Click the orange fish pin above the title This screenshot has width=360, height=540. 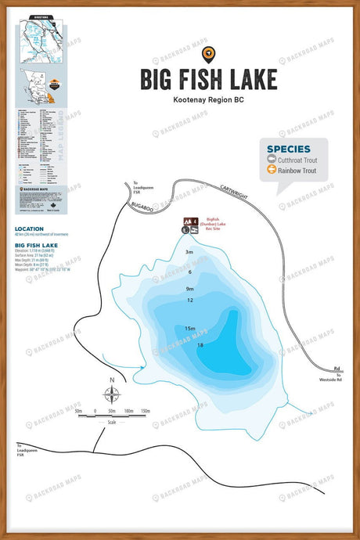(x=207, y=53)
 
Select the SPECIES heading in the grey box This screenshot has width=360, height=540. (x=288, y=149)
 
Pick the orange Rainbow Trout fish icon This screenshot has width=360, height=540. (x=272, y=169)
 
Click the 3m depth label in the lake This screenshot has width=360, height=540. (x=189, y=253)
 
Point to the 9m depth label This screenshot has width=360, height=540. (x=189, y=289)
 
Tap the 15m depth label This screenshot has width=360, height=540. (x=189, y=329)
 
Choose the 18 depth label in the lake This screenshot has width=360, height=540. (x=201, y=345)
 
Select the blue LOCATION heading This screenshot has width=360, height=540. (x=29, y=229)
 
